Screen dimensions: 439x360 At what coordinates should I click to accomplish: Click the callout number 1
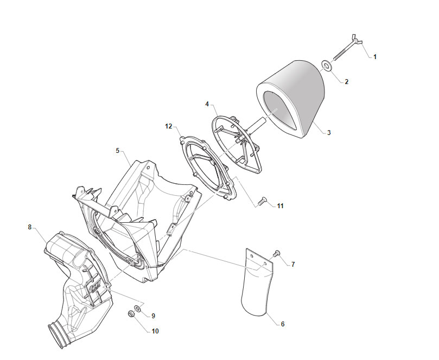tap(375, 57)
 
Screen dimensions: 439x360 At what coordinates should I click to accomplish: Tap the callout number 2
tap(347, 82)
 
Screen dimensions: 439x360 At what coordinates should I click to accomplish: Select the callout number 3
tap(329, 133)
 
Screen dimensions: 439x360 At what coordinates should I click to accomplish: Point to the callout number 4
tap(207, 104)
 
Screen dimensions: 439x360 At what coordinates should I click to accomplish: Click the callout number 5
tap(118, 151)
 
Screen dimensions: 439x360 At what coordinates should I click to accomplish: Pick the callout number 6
tap(283, 324)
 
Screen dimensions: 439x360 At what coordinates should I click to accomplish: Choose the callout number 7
tap(293, 265)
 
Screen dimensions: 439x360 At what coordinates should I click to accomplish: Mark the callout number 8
tap(30, 227)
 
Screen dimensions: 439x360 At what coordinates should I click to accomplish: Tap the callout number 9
tap(153, 316)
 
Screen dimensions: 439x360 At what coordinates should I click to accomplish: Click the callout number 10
tap(155, 331)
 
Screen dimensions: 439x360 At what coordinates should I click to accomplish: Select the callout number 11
tap(280, 206)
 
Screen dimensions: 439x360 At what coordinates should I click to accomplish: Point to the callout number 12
tap(169, 126)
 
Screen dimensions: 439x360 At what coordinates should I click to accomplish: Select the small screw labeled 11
tap(262, 201)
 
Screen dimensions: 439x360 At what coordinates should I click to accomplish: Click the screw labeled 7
tap(276, 253)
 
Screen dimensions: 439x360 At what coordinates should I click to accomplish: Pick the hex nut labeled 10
tap(130, 313)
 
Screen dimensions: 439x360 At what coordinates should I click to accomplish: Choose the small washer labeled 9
tap(138, 308)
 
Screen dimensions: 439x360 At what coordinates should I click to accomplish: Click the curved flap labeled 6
tap(257, 282)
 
